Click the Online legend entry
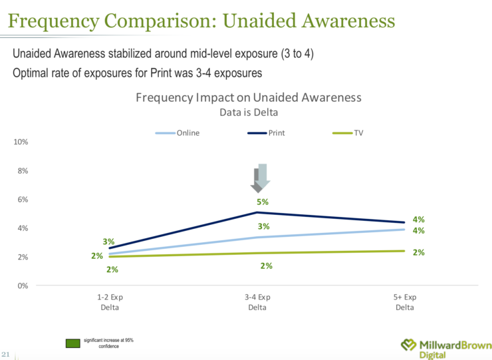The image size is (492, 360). (x=178, y=133)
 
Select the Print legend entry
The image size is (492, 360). (x=266, y=133)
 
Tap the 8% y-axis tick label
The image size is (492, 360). (x=21, y=171)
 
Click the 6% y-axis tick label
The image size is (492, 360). (x=21, y=200)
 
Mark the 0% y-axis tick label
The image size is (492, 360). (x=21, y=285)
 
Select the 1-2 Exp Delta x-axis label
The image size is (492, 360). (x=110, y=301)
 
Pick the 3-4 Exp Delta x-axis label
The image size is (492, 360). (x=257, y=301)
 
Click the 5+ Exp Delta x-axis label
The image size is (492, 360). (x=404, y=301)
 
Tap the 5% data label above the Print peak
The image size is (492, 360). (x=262, y=202)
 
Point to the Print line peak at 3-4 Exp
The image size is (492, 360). (x=257, y=212)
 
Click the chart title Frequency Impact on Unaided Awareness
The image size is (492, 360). (x=249, y=97)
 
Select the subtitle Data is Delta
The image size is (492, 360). (x=249, y=112)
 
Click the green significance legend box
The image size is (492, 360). (x=72, y=343)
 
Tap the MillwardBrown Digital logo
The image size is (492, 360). (x=446, y=347)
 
